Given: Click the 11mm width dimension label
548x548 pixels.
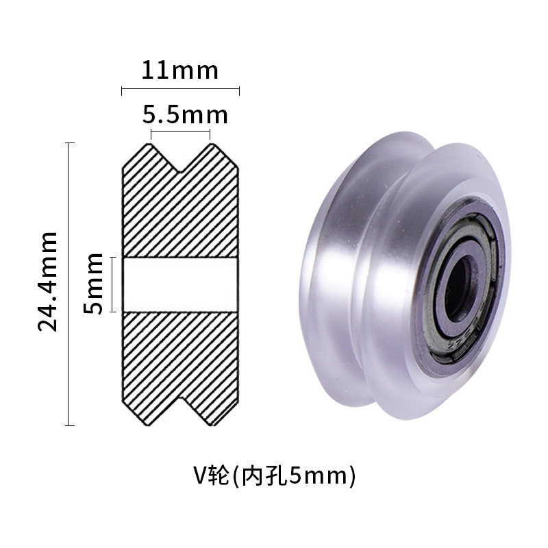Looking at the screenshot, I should (x=179, y=70).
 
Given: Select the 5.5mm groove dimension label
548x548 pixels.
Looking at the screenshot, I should (x=184, y=114).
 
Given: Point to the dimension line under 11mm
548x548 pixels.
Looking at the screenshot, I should (x=180, y=89).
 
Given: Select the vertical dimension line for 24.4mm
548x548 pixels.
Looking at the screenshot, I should (x=69, y=284).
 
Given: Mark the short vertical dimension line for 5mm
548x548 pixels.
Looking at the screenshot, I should (x=112, y=284).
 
